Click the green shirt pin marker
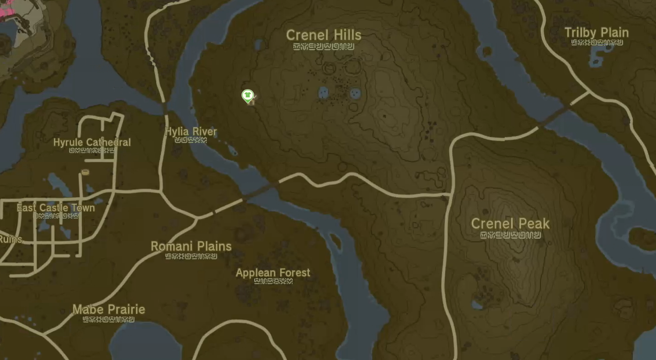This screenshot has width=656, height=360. [247, 96]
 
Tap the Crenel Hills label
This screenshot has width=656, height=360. [324, 35]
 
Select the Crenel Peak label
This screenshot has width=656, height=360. [510, 224]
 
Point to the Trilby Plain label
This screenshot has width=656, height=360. [597, 33]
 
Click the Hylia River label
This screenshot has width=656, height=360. [191, 132]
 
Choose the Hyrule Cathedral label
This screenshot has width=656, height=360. [92, 142]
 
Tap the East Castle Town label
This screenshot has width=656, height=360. [56, 208]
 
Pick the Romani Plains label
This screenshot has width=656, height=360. [191, 246]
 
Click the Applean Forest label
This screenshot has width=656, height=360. [273, 273]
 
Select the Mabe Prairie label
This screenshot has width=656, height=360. [109, 310]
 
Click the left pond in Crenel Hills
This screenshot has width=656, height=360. [323, 92]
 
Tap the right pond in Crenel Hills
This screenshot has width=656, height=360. [355, 93]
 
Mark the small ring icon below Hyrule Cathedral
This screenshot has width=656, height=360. [85, 172]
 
